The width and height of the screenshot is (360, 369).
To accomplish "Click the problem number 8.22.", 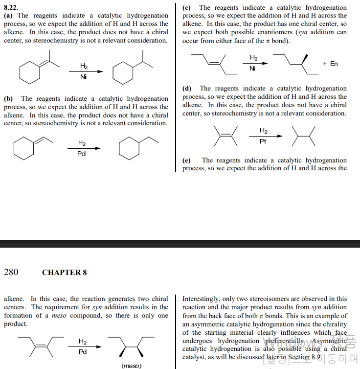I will [x=12, y=8].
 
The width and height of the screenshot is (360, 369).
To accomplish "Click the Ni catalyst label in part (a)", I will [x=84, y=77].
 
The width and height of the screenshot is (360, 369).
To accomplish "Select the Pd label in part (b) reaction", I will [x=82, y=154].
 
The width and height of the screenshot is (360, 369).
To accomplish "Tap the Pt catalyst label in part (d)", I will [x=263, y=141].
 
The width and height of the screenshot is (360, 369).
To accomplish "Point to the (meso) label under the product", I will [x=131, y=365].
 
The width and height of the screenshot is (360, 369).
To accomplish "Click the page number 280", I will [x=11, y=272].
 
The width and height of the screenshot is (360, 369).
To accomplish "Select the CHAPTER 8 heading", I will [x=64, y=273].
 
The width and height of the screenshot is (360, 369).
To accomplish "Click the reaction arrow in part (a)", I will [x=85, y=71].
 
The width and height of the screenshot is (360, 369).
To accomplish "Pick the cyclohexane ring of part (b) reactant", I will [x=23, y=148].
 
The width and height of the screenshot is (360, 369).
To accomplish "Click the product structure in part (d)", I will [x=303, y=136].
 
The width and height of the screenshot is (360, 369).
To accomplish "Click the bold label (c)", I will [x=186, y=8].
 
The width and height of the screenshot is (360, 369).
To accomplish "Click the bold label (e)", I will [x=186, y=161].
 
